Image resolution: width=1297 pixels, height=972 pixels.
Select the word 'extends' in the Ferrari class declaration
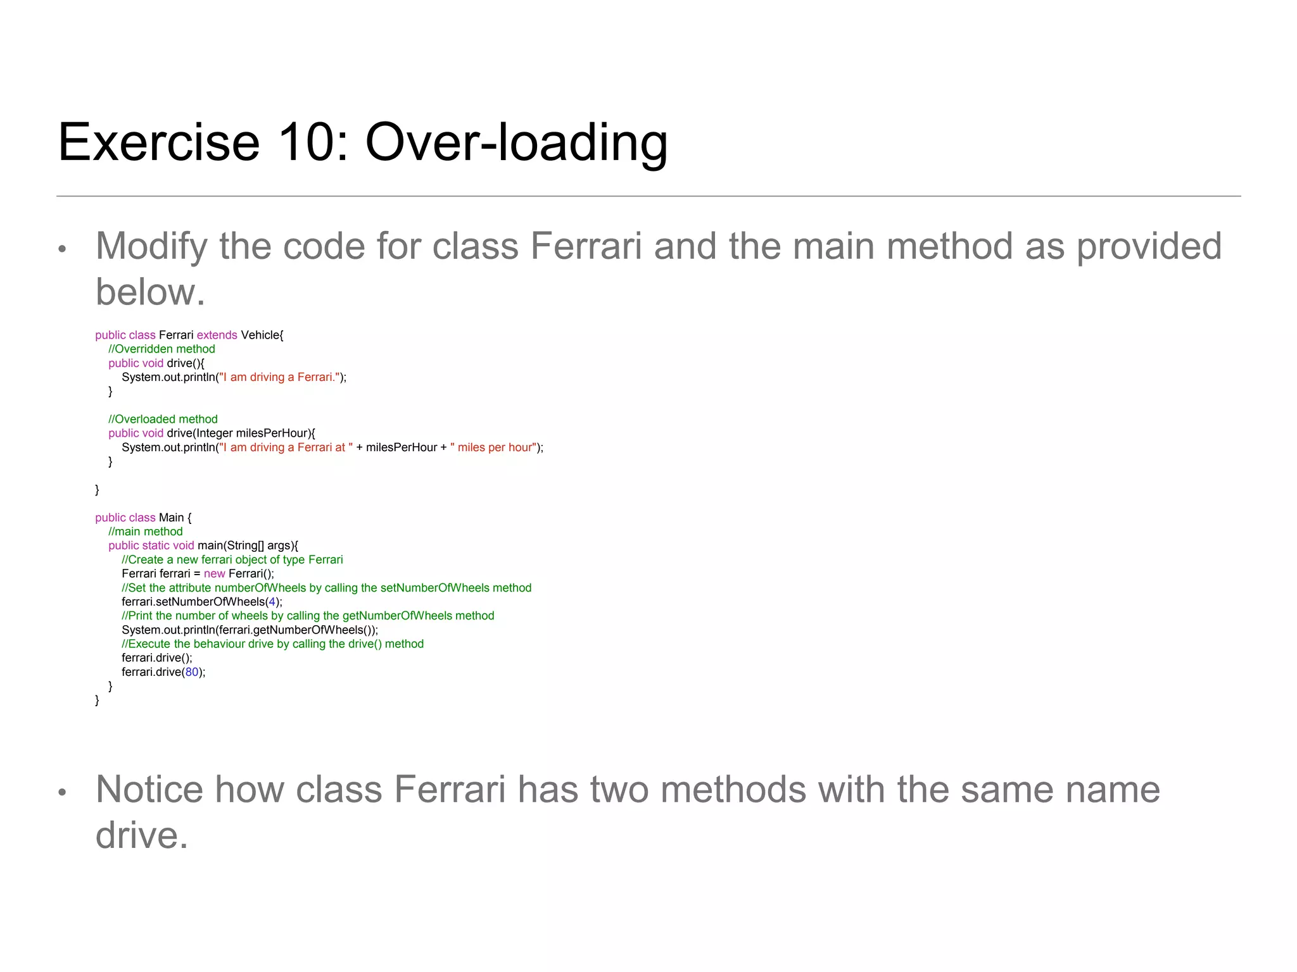point(217,335)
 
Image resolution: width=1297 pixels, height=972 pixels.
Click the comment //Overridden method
point(161,349)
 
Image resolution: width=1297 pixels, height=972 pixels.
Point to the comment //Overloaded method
point(163,420)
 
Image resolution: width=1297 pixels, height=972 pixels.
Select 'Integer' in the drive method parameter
point(214,433)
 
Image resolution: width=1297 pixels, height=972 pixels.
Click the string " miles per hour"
point(493,448)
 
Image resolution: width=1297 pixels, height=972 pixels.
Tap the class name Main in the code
point(171,518)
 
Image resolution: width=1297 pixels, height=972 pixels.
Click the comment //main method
point(145,532)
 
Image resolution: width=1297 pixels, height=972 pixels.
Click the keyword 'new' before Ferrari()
point(214,574)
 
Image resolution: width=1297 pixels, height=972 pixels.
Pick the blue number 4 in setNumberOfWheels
point(272,602)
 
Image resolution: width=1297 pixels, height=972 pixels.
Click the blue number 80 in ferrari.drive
point(192,672)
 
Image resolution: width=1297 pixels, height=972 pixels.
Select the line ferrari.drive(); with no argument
point(156,658)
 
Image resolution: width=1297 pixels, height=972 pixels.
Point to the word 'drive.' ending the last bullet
point(142,835)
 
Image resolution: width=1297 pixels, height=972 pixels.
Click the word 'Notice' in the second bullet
point(149,790)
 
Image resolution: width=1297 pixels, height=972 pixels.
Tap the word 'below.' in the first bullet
point(150,292)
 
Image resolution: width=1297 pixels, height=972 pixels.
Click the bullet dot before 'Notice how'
point(62,792)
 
